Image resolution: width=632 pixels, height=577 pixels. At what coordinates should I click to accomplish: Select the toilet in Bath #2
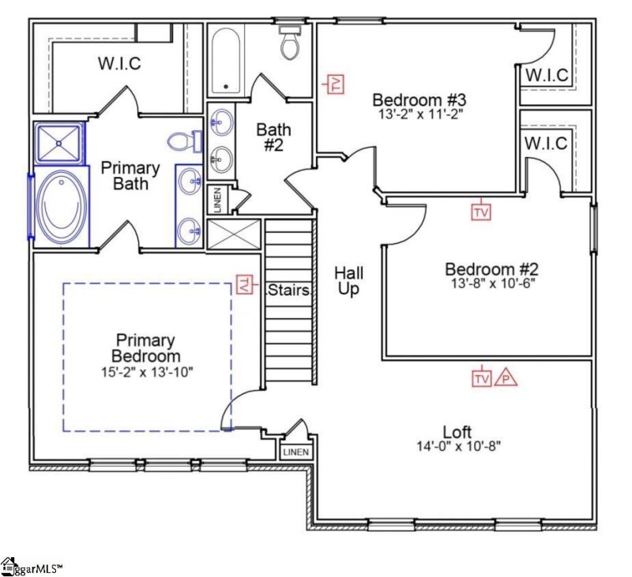click(289, 43)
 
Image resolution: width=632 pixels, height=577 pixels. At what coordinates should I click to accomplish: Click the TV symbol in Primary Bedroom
click(246, 284)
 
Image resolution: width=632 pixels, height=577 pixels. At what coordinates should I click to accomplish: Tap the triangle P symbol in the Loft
click(506, 379)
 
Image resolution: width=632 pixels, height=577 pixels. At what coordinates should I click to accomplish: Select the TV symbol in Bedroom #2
click(480, 212)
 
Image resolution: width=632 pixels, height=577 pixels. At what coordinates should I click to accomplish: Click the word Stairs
click(288, 290)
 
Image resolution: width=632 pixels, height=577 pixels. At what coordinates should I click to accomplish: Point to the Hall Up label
click(348, 279)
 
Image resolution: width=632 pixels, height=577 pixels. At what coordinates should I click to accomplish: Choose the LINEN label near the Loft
click(296, 452)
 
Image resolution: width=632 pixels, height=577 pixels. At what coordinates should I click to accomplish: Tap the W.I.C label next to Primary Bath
click(119, 63)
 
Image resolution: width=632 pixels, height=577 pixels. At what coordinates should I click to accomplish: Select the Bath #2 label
click(273, 137)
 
